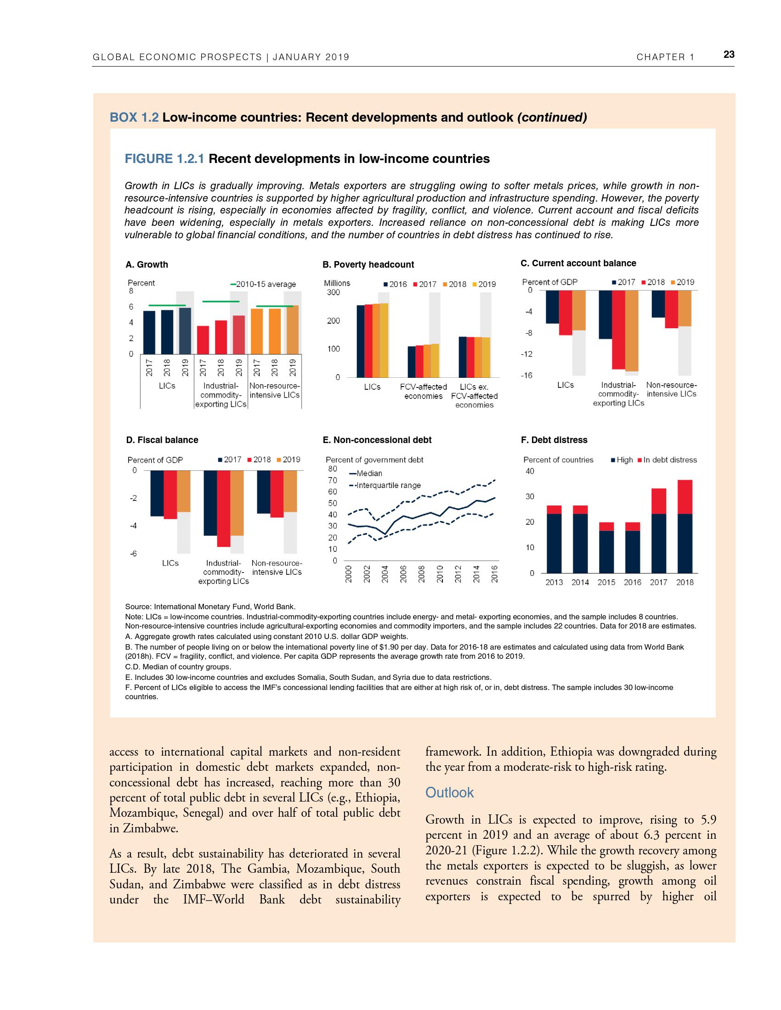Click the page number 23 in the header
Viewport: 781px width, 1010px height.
729,55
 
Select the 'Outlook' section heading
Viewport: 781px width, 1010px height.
449,792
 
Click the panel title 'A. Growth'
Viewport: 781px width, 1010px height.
147,264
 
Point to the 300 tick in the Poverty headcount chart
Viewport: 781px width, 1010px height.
333,292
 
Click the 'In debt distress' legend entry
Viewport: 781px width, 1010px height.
669,460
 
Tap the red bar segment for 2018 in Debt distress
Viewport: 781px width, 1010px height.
685,497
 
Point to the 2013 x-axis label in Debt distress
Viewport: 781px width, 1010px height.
554,582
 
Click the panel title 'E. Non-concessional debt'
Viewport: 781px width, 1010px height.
377,440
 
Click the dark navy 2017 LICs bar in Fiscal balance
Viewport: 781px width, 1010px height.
157,493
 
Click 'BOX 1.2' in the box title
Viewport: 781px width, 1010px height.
134,118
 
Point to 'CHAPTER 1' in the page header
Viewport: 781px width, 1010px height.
665,57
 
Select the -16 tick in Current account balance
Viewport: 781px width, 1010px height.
526,376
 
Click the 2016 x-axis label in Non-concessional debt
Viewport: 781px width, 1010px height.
494,574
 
